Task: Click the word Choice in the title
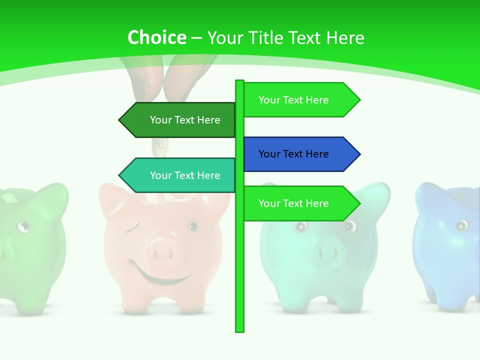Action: click(x=156, y=38)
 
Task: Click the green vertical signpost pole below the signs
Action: click(x=240, y=280)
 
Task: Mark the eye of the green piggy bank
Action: click(x=23, y=227)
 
